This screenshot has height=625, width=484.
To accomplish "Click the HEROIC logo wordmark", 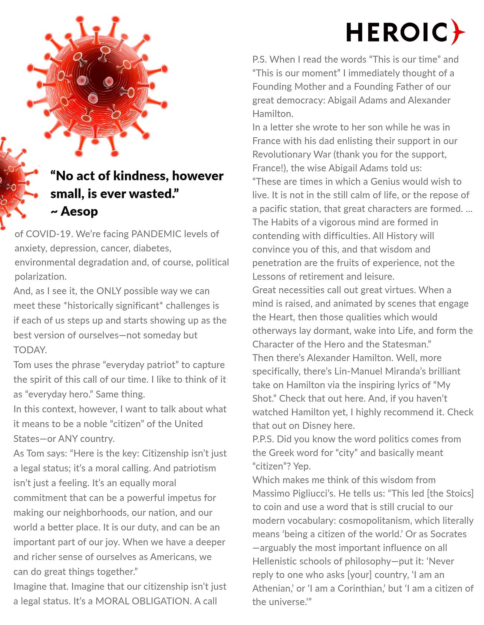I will pos(397,32).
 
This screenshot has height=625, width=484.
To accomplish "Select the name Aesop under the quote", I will pos(79,212).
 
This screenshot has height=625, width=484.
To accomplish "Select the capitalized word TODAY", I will pos(30,350).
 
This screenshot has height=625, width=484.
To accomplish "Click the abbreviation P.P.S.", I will pos(263,439).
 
